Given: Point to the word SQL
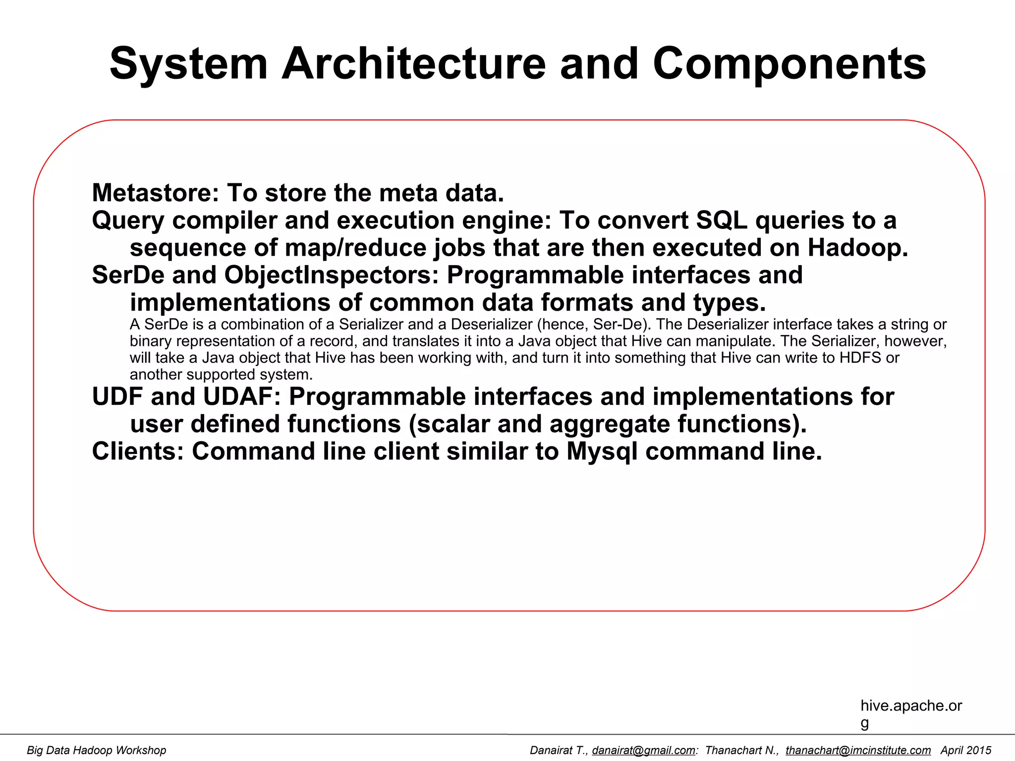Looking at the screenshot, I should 722,220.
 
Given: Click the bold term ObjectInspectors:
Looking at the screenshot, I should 332,275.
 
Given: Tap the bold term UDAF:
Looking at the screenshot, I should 242,396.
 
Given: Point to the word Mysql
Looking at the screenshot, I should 602,451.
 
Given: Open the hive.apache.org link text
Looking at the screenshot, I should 911,706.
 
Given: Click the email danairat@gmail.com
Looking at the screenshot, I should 644,751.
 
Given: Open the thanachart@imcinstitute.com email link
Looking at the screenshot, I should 858,751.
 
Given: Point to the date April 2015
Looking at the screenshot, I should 965,751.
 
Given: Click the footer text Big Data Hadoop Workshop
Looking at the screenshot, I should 97,751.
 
